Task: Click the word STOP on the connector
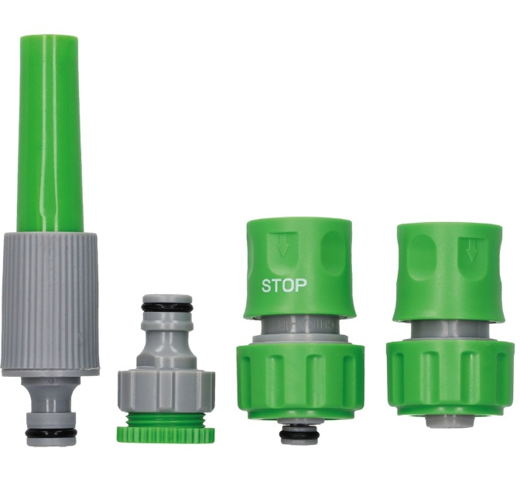[284, 286]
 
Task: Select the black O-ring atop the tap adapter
[166, 307]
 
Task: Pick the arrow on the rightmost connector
[470, 250]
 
